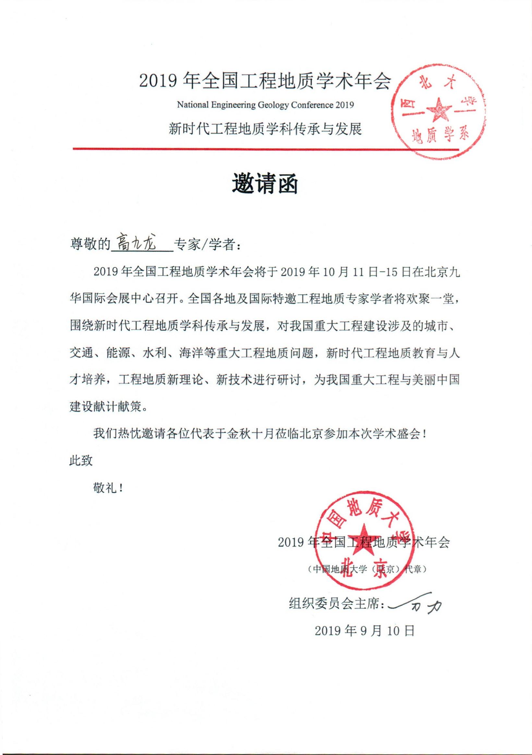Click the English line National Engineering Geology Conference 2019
(x=265, y=105)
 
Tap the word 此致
(x=81, y=461)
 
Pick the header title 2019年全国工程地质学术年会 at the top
(x=265, y=81)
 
